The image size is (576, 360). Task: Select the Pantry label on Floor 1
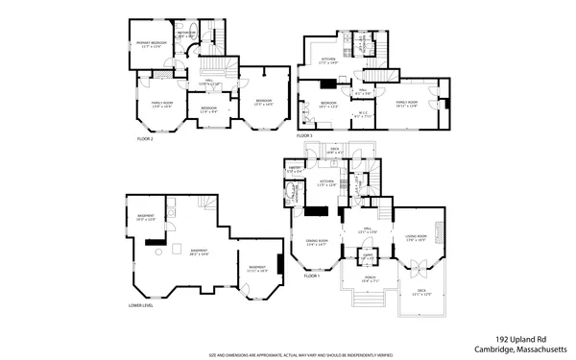click(x=294, y=171)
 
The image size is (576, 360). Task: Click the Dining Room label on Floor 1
click(x=317, y=241)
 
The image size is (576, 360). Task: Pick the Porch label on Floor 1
click(x=366, y=279)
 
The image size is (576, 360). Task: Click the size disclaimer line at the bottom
click(x=288, y=353)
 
